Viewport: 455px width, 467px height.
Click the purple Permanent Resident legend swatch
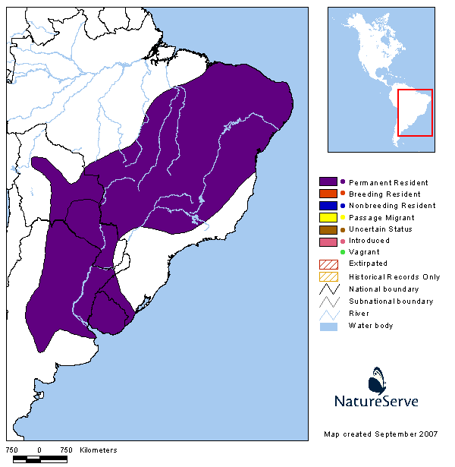tap(328, 182)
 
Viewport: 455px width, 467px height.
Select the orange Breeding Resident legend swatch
tap(328, 194)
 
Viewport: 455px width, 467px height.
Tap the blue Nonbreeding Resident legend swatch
tap(328, 205)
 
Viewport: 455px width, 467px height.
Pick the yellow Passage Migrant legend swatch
tap(328, 217)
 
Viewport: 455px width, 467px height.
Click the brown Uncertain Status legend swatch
tap(328, 229)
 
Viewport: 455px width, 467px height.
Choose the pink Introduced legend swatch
tap(328, 241)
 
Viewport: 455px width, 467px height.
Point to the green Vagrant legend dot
tap(343, 252)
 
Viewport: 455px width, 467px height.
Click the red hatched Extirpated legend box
tap(328, 263)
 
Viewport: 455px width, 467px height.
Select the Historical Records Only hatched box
tap(328, 276)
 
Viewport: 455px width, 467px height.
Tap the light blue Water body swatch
tap(328, 326)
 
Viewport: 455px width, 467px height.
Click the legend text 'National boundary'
tap(384, 289)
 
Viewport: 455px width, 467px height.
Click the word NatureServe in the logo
tap(376, 401)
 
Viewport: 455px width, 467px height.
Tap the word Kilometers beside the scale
tap(98, 450)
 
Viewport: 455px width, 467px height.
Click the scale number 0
tap(39, 450)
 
